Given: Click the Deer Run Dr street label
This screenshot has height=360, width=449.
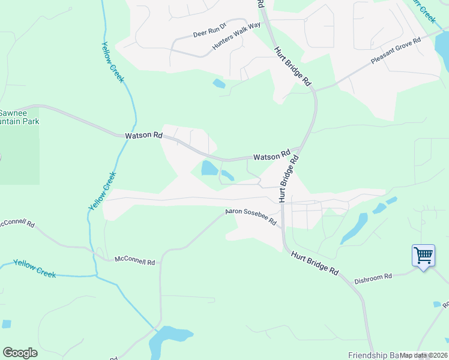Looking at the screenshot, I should [x=209, y=31].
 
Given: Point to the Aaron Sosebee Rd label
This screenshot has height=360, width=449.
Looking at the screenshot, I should [x=250, y=217].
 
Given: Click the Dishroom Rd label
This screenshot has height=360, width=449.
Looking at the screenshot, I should [x=373, y=277].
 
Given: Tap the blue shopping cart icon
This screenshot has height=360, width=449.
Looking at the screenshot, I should [x=423, y=256].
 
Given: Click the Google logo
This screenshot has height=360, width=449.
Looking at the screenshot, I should [x=20, y=353].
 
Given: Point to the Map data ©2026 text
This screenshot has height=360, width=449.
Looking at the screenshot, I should [x=424, y=355].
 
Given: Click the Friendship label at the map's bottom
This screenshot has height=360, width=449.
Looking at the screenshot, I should [x=372, y=355].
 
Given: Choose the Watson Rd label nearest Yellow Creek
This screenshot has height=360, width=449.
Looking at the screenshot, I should [x=144, y=136].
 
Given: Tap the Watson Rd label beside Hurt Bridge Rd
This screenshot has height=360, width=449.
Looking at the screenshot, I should [x=271, y=156].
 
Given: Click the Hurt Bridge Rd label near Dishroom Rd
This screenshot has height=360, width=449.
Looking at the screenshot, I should [x=314, y=263].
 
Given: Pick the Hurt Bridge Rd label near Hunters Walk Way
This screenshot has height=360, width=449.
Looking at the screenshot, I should [x=294, y=66].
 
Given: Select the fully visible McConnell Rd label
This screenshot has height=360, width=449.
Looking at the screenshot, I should [x=135, y=262].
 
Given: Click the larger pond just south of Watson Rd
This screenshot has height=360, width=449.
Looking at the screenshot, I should [x=209, y=168].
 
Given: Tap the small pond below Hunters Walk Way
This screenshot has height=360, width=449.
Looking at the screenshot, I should [x=219, y=84].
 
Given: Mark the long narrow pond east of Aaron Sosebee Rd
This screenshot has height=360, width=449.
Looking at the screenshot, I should [x=354, y=229].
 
